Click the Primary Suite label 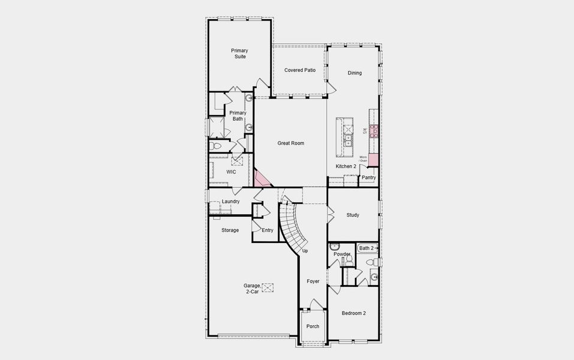point(239,53)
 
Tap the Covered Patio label point(300,70)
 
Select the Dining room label point(355,73)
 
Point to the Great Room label point(291,143)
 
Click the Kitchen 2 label point(345,166)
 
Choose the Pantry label point(369,178)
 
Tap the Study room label point(353,215)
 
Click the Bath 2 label point(366,248)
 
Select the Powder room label point(342,254)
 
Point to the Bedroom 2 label point(354,313)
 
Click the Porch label point(313,326)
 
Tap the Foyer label point(313,281)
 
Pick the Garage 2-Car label point(252,289)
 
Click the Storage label point(230,230)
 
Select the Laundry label point(231,202)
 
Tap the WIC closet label point(231,172)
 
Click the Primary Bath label point(238,116)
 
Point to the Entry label point(268,230)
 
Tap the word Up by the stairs point(305,251)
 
